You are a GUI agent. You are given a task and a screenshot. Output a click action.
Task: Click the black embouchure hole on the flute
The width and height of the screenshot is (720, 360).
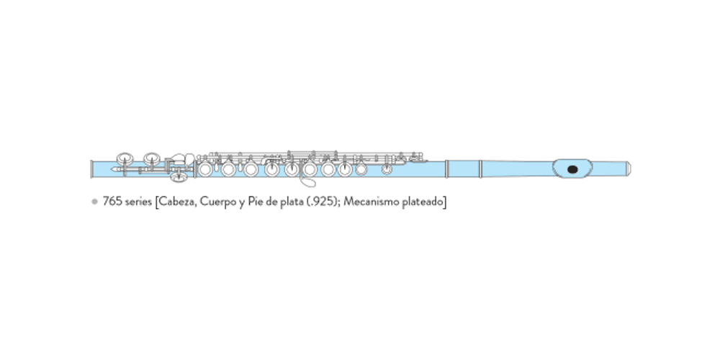tap(572, 169)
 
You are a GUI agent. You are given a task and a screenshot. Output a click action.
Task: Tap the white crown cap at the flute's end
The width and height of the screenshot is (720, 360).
tap(629, 168)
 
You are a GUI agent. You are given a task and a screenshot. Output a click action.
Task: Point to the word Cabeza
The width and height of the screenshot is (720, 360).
tap(177, 202)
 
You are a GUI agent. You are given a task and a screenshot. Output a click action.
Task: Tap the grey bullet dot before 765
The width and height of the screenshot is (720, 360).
tap(95, 202)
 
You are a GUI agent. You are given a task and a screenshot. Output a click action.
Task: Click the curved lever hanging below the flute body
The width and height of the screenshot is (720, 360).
tap(307, 179)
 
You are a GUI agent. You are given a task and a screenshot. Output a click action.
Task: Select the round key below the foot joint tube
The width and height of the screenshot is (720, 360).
tap(179, 176)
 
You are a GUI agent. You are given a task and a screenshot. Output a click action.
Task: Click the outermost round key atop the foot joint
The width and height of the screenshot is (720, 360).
tap(125, 159)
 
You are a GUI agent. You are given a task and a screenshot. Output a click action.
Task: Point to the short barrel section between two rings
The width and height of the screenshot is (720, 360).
tap(463, 169)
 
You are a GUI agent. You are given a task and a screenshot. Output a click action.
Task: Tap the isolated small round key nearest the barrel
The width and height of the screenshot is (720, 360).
tap(387, 169)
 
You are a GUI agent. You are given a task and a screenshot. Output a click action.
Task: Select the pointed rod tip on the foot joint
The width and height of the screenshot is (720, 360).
tap(114, 169)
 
